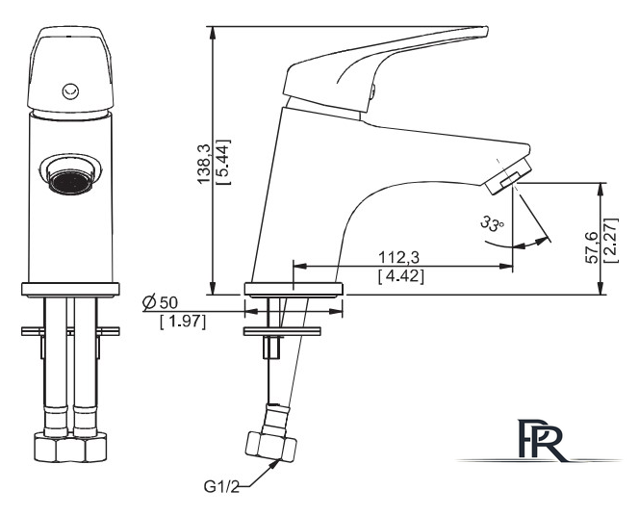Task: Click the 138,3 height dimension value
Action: tap(204, 165)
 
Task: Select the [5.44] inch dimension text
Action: tap(223, 163)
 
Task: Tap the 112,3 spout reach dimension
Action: tap(399, 258)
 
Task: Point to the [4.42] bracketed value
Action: tap(401, 276)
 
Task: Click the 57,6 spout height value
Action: tap(591, 247)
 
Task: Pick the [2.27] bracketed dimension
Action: tap(611, 241)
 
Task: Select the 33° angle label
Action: tap(492, 223)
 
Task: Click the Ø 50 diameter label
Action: tap(160, 302)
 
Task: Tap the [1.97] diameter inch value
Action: tap(183, 322)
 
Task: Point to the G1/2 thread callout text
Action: tap(221, 487)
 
